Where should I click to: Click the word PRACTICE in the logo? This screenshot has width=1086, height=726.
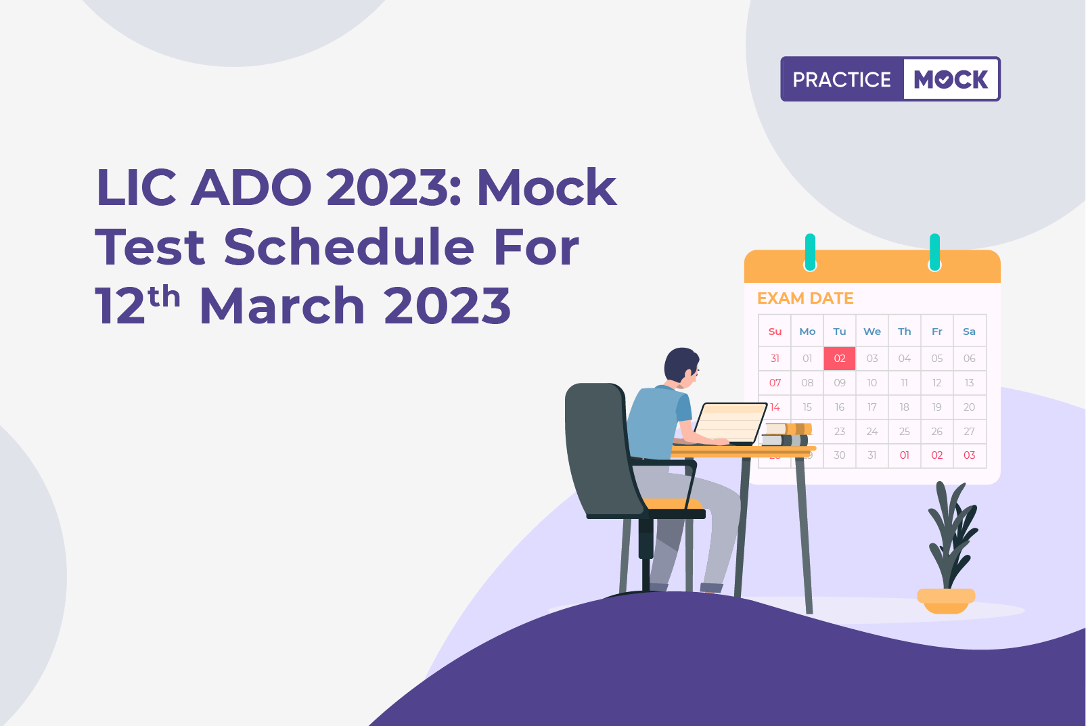(x=842, y=80)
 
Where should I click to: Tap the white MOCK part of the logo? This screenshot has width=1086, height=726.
(x=951, y=80)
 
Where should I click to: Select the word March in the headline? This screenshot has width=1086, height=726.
(x=282, y=306)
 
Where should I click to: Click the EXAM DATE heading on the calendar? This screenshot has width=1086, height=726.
(x=805, y=298)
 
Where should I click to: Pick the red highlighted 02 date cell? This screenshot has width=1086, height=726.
(x=840, y=359)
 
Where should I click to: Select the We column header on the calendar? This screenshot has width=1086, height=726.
(x=872, y=332)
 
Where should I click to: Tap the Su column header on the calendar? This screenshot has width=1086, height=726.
(x=775, y=332)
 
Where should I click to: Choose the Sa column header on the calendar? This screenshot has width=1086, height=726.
(x=969, y=332)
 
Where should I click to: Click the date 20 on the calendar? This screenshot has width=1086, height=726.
(x=969, y=407)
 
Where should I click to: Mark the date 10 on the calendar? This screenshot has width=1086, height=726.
(x=872, y=383)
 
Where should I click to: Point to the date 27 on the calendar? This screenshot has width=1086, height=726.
(x=969, y=432)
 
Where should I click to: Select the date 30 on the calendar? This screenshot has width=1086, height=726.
(x=840, y=455)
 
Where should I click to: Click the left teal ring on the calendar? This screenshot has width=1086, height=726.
(x=810, y=252)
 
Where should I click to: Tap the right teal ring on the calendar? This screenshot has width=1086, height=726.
(x=934, y=252)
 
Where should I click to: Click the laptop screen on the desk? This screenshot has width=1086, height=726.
(x=730, y=423)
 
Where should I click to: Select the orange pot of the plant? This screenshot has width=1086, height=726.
(x=946, y=600)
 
